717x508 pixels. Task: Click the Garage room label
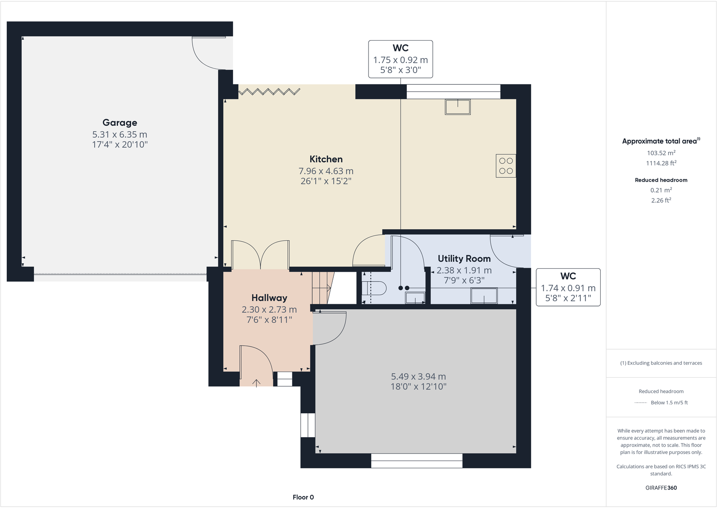click(x=119, y=123)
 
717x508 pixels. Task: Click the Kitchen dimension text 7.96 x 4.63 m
click(x=326, y=171)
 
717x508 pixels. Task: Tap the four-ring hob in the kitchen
click(x=506, y=166)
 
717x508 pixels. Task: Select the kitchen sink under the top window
click(x=458, y=107)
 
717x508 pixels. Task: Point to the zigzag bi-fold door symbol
click(x=269, y=92)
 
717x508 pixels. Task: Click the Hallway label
click(x=269, y=298)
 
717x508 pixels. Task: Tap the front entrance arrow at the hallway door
click(x=256, y=383)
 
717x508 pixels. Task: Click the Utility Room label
click(x=464, y=259)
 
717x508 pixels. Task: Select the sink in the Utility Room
click(x=484, y=296)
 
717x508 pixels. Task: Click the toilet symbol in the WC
click(x=377, y=288)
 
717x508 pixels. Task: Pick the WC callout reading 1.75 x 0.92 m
click(x=400, y=59)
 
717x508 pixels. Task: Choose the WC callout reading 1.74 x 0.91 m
click(x=568, y=288)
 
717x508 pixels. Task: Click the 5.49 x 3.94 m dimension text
click(x=418, y=376)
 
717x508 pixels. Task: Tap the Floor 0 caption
click(x=303, y=497)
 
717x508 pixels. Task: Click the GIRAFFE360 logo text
click(x=661, y=488)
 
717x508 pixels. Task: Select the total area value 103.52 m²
click(x=661, y=153)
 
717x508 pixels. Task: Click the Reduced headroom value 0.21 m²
click(x=661, y=190)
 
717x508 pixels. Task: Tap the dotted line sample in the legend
click(x=640, y=403)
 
